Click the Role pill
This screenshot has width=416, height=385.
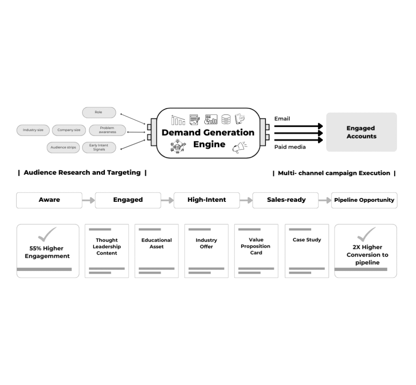(99, 112)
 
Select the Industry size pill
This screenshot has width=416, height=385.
(33, 130)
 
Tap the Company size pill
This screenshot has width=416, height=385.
(69, 130)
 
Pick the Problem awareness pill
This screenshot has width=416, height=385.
(107, 130)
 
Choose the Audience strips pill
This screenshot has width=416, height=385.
(63, 147)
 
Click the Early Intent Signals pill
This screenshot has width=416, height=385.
(99, 147)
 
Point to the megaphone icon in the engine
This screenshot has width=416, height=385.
(239, 147)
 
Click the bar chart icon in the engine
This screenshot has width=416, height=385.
(178, 119)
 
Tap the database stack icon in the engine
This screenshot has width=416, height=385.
(226, 119)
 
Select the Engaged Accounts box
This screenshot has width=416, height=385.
(361, 132)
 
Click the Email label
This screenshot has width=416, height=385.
(282, 119)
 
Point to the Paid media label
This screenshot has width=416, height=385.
(290, 147)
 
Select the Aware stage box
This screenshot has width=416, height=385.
(49, 200)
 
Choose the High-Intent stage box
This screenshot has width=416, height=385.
(206, 200)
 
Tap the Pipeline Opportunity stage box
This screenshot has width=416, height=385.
(364, 200)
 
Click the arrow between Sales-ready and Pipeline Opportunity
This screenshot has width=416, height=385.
(325, 200)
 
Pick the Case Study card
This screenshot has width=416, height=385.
(307, 251)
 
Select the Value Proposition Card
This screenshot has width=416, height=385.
(256, 251)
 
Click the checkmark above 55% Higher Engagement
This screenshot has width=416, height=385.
(47, 234)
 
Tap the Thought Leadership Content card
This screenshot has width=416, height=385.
(106, 251)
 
